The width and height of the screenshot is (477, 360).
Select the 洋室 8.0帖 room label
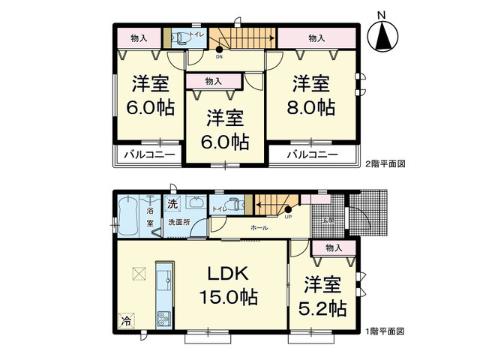pyautogui.click(x=313, y=94)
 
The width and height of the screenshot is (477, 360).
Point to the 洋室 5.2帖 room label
pyautogui.click(x=325, y=297)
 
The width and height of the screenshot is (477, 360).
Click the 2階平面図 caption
pyautogui.click(x=385, y=162)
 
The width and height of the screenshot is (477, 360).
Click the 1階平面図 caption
pyautogui.click(x=385, y=331)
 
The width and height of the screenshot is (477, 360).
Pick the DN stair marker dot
pyautogui.click(x=219, y=49)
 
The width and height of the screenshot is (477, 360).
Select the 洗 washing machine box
pyautogui.click(x=172, y=204)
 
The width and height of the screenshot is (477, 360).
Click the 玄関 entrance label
pyautogui.click(x=328, y=220)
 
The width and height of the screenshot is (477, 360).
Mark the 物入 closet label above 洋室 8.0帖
pyautogui.click(x=316, y=37)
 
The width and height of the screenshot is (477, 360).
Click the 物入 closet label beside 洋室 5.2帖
pyautogui.click(x=334, y=247)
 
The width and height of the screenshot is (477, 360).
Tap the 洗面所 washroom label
pyautogui.click(x=178, y=222)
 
